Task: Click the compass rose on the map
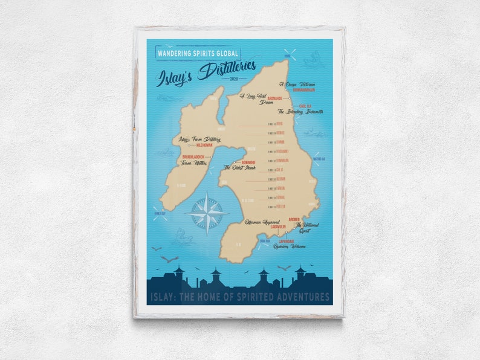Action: coord(207,213)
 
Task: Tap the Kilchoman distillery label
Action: coord(205,146)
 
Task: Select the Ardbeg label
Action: coord(294,220)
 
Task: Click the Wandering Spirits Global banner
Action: coord(193,53)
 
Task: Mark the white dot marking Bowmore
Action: coord(234,162)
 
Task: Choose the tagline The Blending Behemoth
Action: coord(301,112)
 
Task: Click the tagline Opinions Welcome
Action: coord(290,246)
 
